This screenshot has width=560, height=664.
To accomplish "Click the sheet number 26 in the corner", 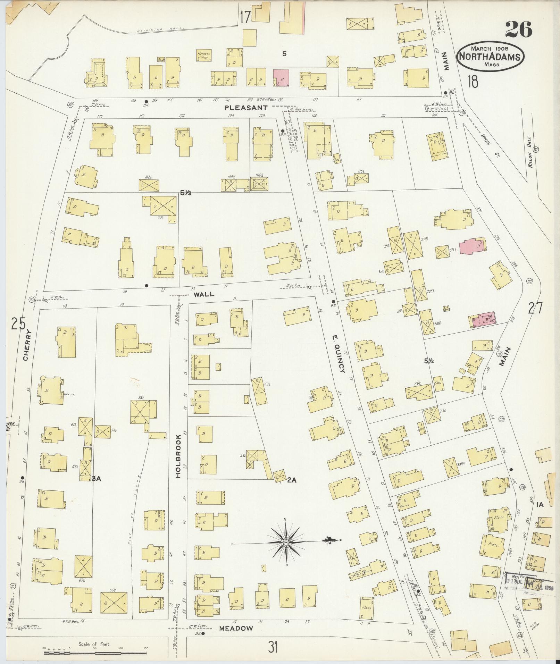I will coord(518,30).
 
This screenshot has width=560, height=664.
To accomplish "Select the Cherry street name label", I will coord(28,345).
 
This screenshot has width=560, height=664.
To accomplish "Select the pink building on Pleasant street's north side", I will coord(281,78).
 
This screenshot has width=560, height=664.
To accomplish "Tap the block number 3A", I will coord(96,479).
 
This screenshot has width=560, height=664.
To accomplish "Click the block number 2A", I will coord(292,480).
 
